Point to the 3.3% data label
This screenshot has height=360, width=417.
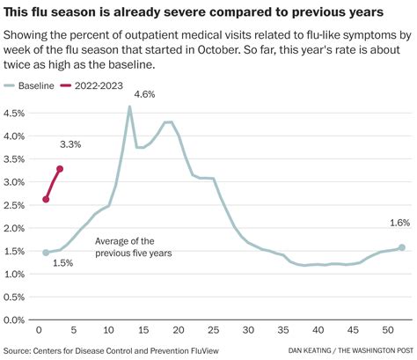click(70, 144)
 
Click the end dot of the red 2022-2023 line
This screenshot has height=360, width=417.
click(60, 169)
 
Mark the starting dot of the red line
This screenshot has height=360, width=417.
click(46, 200)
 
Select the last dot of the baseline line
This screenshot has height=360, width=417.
click(401, 247)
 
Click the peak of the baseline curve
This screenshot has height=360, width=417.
click(129, 107)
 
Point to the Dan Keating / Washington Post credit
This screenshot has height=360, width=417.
click(351, 351)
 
